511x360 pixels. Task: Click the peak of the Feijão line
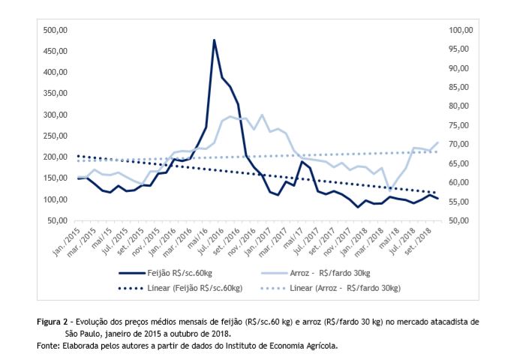tap(215, 40)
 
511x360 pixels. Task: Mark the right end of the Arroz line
tap(438, 142)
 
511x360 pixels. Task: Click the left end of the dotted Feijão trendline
tap(78, 155)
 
